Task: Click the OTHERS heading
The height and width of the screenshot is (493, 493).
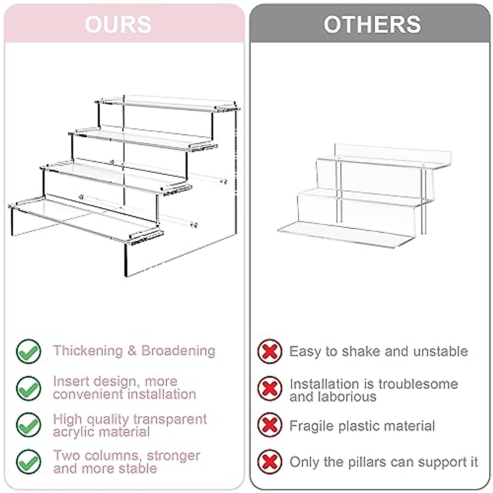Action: (372, 24)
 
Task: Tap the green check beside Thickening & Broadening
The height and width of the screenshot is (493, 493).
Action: (28, 352)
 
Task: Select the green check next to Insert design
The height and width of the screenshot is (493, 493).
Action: (28, 388)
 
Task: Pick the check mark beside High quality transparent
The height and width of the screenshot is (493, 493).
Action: (28, 425)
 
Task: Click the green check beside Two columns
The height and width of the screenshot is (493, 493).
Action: (28, 462)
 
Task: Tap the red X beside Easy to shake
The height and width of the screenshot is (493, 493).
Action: (270, 352)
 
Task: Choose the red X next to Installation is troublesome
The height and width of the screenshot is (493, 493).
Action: (270, 388)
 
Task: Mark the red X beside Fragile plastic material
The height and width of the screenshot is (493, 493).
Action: (270, 425)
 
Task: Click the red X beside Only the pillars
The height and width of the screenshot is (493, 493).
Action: (270, 462)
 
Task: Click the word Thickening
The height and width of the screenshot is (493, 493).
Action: (88, 351)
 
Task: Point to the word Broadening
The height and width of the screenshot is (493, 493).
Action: (178, 351)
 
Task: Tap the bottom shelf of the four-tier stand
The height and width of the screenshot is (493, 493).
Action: (82, 216)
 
